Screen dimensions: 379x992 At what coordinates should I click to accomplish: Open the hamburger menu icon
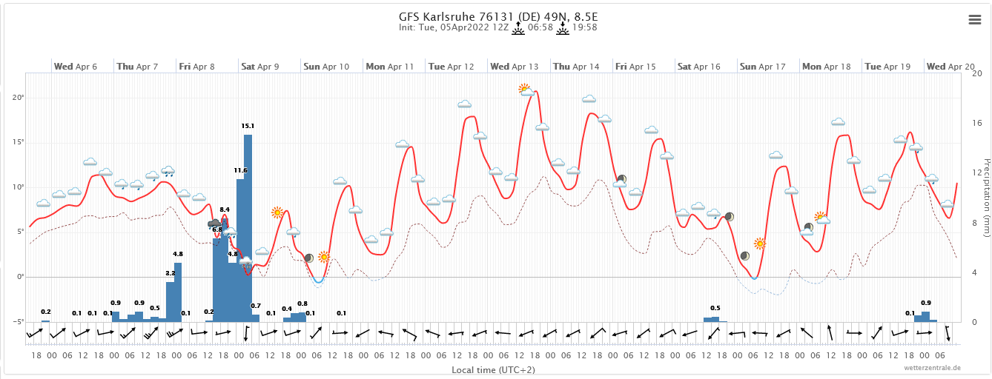coord(975,20)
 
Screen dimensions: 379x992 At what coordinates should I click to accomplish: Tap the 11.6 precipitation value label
coord(240,170)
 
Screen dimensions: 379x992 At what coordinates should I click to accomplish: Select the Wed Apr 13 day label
coord(514,67)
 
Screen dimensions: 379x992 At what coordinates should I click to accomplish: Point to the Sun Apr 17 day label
coord(762,67)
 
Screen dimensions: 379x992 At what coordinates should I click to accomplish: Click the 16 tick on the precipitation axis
coord(976,123)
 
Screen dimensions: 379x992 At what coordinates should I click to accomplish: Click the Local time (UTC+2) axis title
coord(493,369)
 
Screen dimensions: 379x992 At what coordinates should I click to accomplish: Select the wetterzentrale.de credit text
coord(932,367)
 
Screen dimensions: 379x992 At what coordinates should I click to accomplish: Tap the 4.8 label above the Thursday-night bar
coord(178,254)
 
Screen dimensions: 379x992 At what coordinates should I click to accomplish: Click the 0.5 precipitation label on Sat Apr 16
coord(715,308)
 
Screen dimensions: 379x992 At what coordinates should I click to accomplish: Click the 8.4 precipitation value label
coord(225,209)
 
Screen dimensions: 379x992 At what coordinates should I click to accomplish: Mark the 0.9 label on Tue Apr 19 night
coord(925,303)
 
